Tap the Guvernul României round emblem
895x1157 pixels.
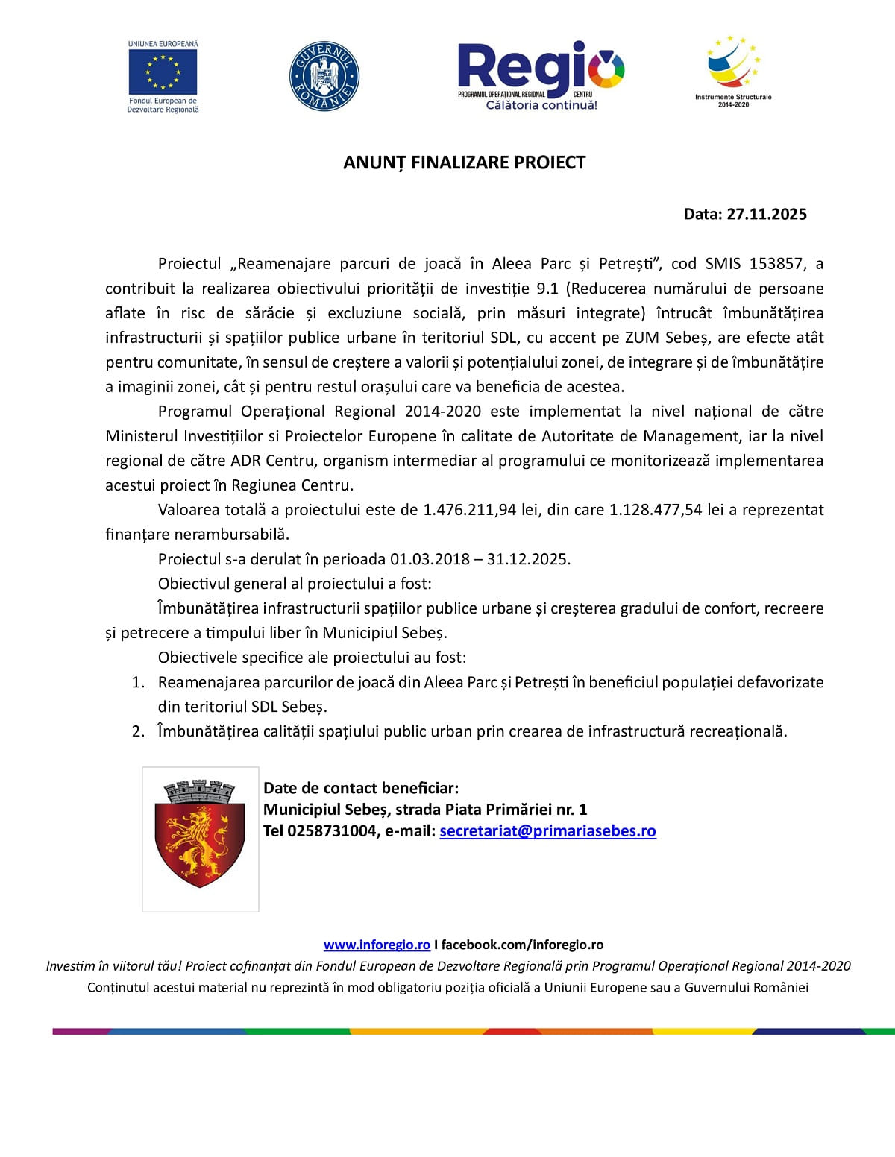coord(324,76)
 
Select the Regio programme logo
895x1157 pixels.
coord(541,75)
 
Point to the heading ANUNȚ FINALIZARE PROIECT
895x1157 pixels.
coord(464,163)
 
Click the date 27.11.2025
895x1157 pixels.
coord(767,215)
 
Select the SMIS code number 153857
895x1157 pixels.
coord(776,264)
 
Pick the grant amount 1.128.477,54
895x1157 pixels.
coord(656,510)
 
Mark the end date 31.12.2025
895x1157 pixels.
coord(528,559)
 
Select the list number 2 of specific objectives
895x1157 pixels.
coord(138,731)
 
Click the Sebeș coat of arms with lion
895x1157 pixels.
coord(200,839)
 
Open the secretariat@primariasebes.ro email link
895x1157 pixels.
coord(547,831)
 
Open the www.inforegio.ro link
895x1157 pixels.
coord(377,945)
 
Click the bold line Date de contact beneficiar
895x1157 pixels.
coord(361,788)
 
